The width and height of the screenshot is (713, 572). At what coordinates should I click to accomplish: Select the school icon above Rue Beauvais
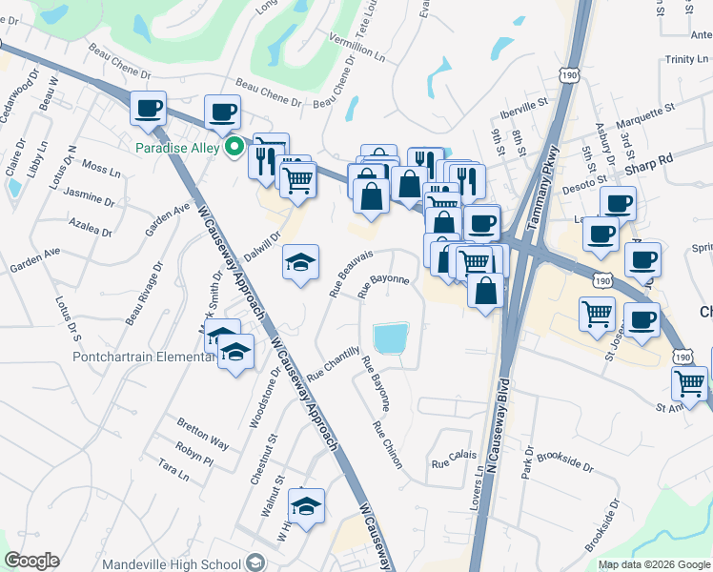(300, 262)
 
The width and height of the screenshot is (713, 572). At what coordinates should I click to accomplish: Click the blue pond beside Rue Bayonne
(392, 338)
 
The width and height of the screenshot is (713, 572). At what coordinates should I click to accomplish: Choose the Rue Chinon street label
(387, 445)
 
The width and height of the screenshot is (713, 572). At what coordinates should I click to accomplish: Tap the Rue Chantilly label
(334, 364)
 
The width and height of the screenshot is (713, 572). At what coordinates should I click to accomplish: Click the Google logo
(31, 561)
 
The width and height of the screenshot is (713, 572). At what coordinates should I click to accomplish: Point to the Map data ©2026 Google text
(654, 564)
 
